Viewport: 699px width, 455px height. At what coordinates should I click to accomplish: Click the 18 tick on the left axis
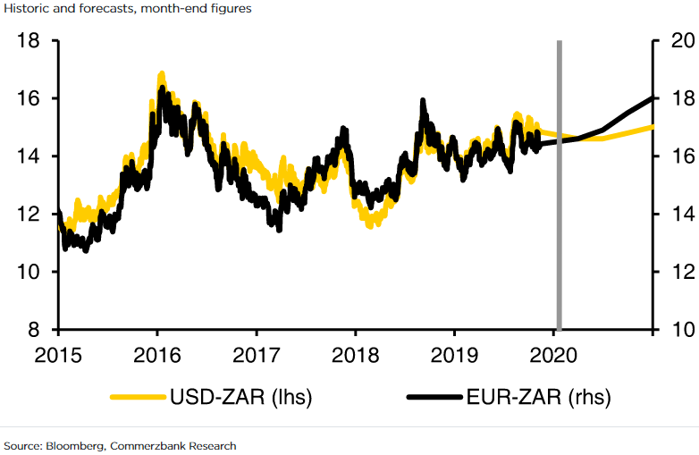pos(29,41)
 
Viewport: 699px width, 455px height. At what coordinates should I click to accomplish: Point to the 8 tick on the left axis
pos(35,329)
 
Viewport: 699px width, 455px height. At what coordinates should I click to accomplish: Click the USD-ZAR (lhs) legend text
pos(241,396)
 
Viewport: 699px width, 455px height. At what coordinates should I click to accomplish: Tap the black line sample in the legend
pos(435,396)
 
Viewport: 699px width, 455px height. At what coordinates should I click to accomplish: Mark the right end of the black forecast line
pos(653,97)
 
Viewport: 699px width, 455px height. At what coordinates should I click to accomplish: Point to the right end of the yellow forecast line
pos(653,127)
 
